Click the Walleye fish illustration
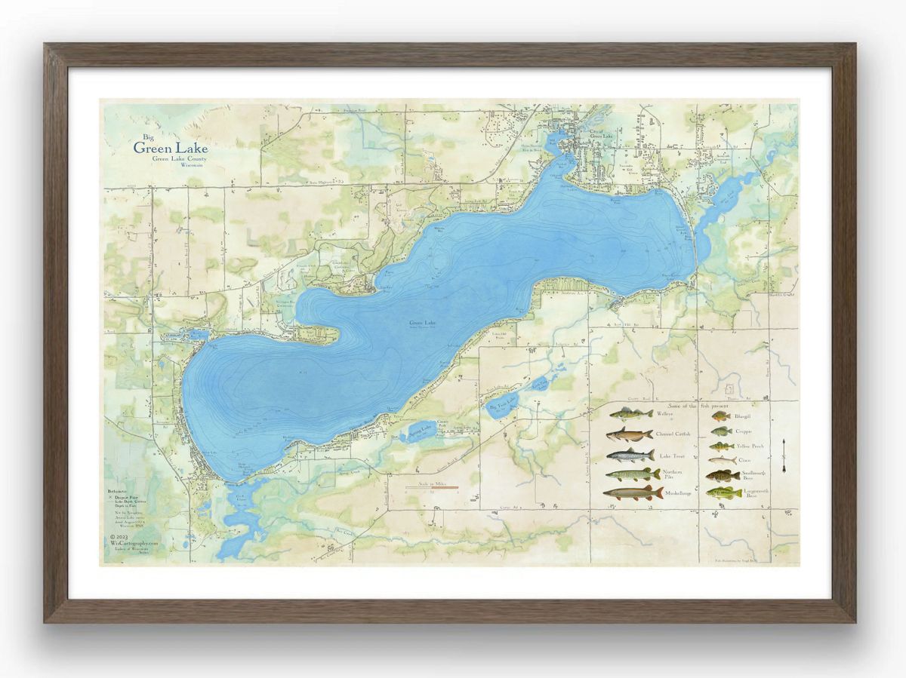coord(631,414)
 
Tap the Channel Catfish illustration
coord(629,434)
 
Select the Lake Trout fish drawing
coord(630,455)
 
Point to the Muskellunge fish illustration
coord(633,492)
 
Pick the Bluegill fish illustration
coord(720,416)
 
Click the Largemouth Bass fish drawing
coord(724,493)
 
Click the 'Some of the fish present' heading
coord(695,405)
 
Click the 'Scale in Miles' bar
coord(431,487)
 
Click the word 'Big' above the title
coord(137,137)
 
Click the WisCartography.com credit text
coord(134,542)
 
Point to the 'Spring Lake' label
coord(421,428)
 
